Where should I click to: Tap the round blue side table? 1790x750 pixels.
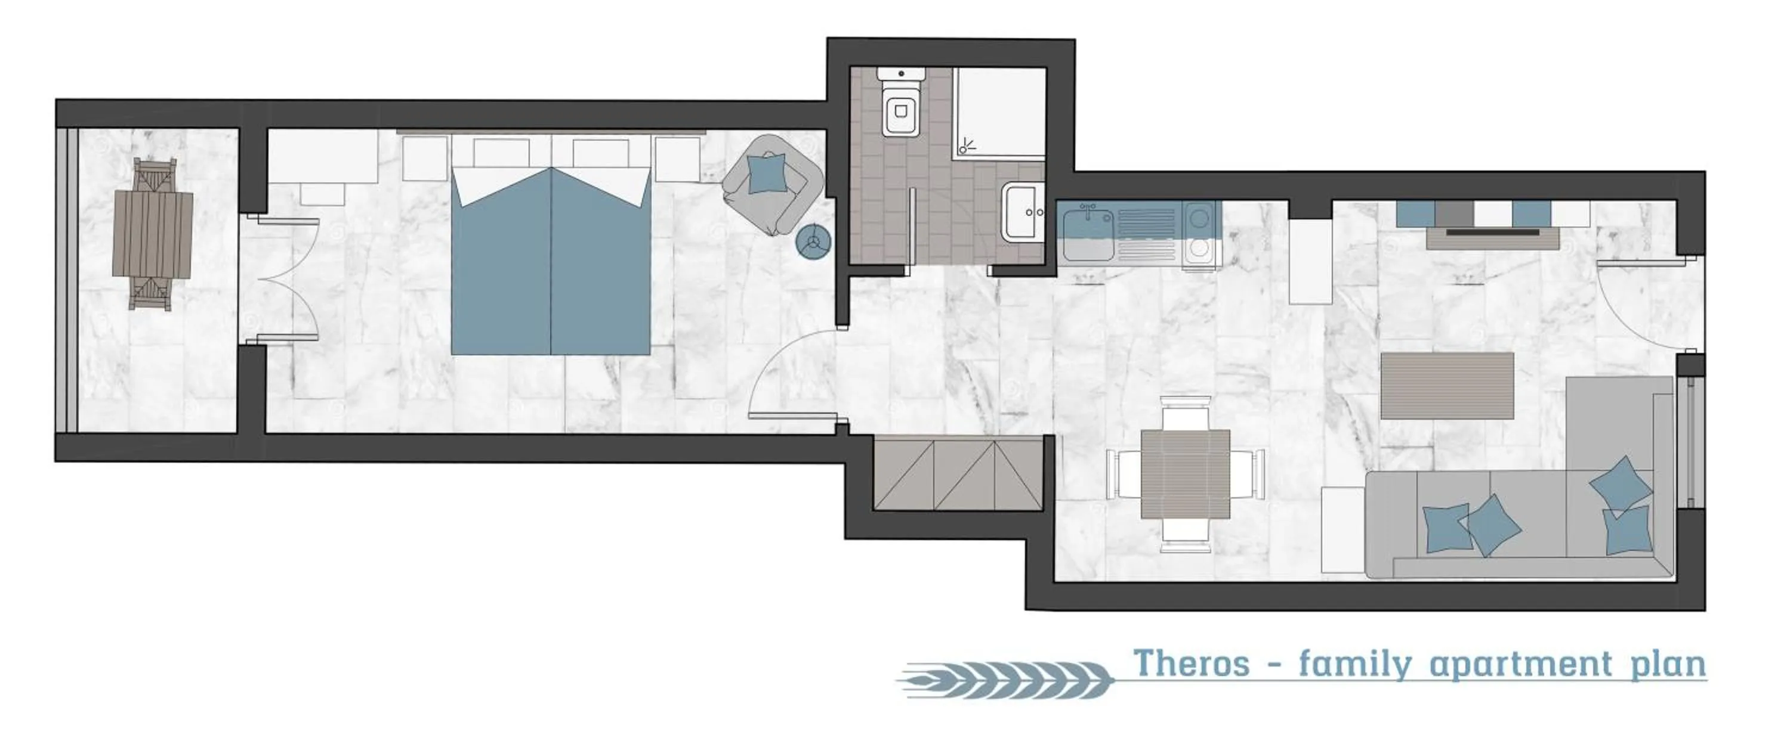click(x=813, y=241)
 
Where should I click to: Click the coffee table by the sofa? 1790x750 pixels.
click(x=1447, y=385)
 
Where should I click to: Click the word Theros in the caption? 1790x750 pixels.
click(x=1191, y=665)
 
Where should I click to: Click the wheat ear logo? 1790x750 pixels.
click(x=1004, y=679)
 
